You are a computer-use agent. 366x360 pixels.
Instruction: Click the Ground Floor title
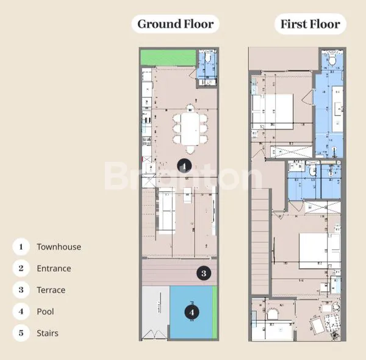(175, 24)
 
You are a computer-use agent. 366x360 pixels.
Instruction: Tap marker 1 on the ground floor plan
(185, 165)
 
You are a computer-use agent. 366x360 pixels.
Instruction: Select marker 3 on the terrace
(204, 273)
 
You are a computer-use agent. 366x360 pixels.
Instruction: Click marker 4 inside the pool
(192, 312)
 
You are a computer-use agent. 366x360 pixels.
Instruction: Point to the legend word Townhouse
(59, 247)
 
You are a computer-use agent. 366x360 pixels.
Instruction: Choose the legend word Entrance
(54, 268)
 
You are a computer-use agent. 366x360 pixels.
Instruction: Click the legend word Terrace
(51, 290)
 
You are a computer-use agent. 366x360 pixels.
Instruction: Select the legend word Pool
(45, 311)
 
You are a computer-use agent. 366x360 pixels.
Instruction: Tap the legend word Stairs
(48, 333)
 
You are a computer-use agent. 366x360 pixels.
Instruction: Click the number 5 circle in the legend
(21, 333)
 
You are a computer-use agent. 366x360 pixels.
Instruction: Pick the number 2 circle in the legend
(21, 268)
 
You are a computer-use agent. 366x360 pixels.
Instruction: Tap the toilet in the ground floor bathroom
(208, 57)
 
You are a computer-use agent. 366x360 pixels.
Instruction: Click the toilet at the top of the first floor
(331, 60)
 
